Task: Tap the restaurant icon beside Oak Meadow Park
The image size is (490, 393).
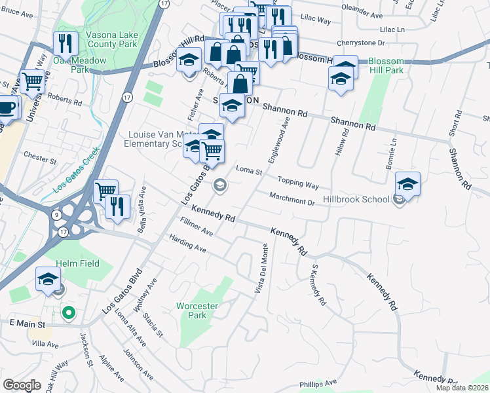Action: point(66,44)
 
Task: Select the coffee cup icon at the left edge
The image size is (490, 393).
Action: point(6,107)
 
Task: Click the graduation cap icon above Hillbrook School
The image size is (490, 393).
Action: point(407,184)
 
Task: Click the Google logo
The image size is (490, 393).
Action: point(22,385)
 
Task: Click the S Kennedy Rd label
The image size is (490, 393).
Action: point(317,286)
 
